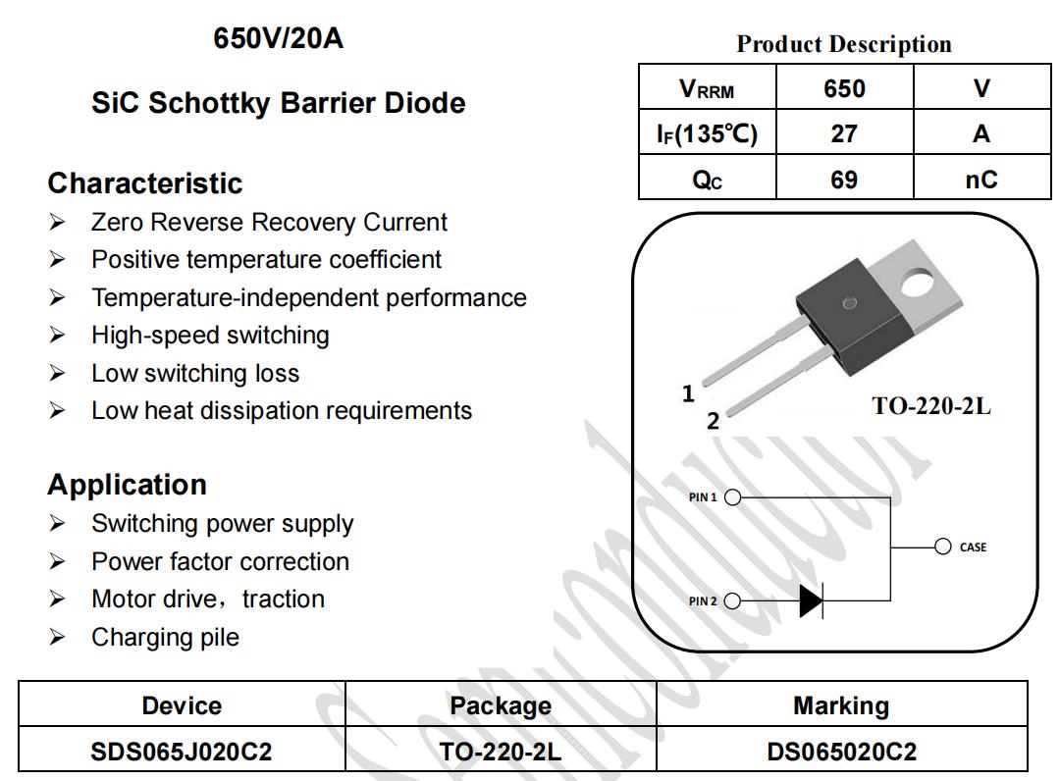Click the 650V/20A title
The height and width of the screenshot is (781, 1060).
(x=278, y=38)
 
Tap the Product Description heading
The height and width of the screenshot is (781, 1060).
(x=844, y=44)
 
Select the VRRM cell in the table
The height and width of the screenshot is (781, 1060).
(x=707, y=88)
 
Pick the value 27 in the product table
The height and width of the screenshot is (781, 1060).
(x=844, y=133)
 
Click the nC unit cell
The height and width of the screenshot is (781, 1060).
(x=980, y=179)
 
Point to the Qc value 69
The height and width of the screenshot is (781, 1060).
(x=844, y=179)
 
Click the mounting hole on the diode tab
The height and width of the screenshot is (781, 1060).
(x=918, y=283)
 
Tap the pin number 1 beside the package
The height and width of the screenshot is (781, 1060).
(x=688, y=393)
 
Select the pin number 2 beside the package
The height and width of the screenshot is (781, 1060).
(x=713, y=421)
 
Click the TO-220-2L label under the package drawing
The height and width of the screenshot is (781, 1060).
(x=930, y=406)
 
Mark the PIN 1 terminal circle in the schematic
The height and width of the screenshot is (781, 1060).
(x=732, y=497)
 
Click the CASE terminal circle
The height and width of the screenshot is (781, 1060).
(x=942, y=547)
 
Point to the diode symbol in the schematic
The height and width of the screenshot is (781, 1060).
(x=812, y=600)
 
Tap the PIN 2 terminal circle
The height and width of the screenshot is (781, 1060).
(x=732, y=600)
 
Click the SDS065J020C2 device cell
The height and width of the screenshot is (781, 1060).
(x=182, y=752)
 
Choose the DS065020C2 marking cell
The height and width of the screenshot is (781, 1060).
(x=842, y=752)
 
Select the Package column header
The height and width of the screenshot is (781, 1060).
(x=501, y=706)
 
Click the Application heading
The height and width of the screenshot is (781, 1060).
(x=127, y=485)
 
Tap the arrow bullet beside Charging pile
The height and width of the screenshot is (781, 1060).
(x=57, y=637)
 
